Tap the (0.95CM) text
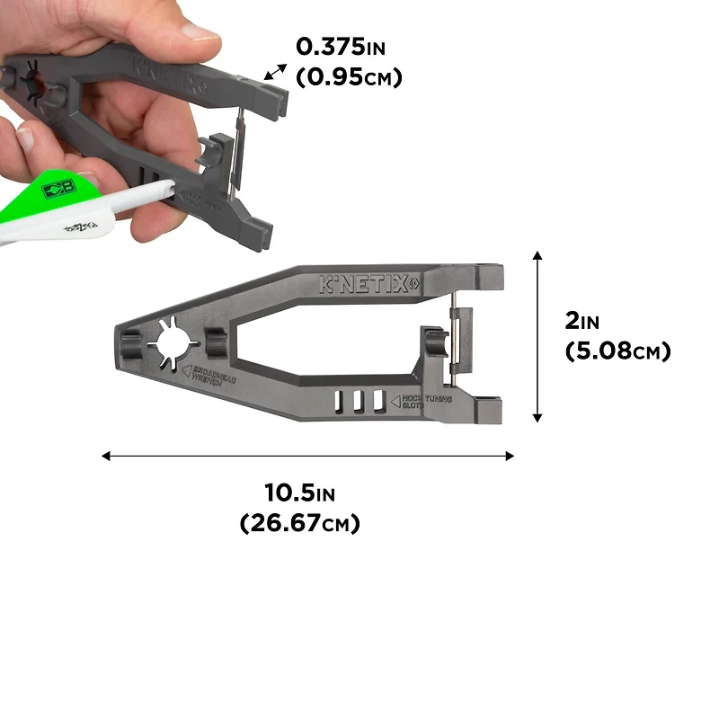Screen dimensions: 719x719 click(349, 77)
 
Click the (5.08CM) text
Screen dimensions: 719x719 click(617, 351)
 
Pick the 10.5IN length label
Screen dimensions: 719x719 click(300, 493)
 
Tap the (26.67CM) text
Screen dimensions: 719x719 click(300, 522)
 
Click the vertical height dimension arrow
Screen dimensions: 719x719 click(537, 337)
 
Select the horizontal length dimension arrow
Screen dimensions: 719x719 click(307, 456)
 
